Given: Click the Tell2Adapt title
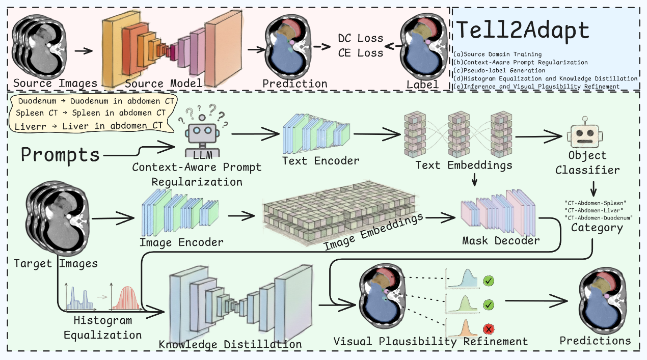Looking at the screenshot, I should (x=522, y=31).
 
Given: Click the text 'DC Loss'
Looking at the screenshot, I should (x=361, y=38).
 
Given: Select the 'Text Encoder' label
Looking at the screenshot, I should (x=320, y=161).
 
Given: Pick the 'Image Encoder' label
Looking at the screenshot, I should (x=182, y=242).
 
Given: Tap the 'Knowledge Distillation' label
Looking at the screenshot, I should (x=230, y=344).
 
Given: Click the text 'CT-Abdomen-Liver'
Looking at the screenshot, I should (x=594, y=210).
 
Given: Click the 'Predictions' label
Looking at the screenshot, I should (x=595, y=340).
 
